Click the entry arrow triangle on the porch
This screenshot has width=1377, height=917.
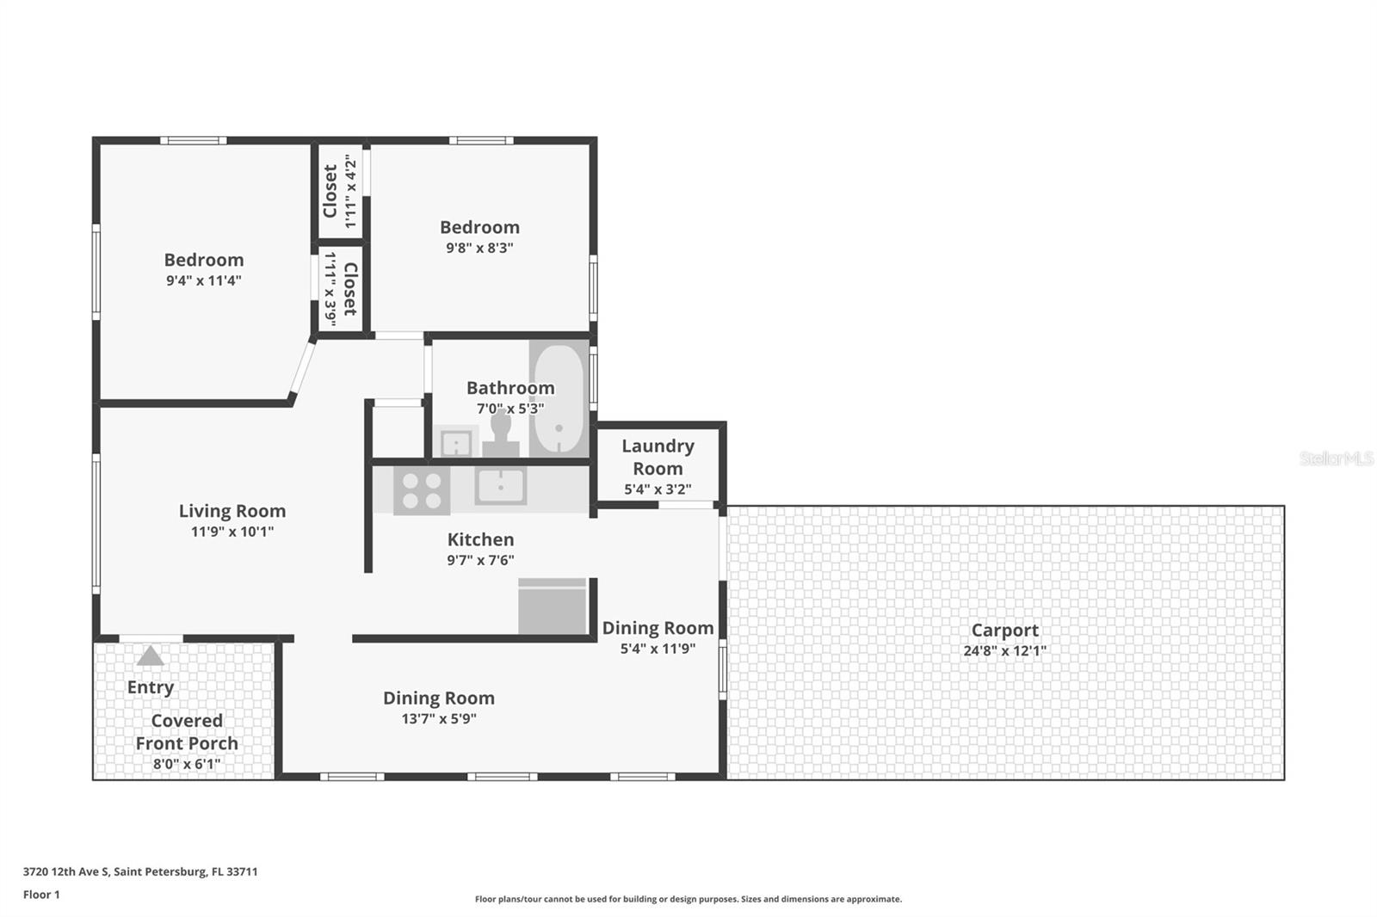click(x=151, y=657)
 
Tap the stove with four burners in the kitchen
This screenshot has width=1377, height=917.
click(x=422, y=490)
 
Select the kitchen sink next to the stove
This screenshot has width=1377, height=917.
click(x=501, y=487)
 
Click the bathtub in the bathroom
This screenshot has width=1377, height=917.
click(x=559, y=398)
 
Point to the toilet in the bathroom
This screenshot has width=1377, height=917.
click(x=501, y=433)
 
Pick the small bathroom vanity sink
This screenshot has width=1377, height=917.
click(x=455, y=443)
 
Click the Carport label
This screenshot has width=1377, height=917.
click(x=1004, y=630)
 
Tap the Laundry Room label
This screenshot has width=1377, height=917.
click(x=658, y=457)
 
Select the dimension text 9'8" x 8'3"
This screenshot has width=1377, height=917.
click(x=479, y=248)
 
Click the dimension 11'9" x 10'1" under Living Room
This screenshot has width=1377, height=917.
click(x=232, y=532)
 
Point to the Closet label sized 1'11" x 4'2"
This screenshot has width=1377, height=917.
click(x=330, y=191)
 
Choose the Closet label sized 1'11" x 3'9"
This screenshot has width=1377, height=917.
click(x=349, y=289)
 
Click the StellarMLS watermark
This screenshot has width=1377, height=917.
click(x=1335, y=459)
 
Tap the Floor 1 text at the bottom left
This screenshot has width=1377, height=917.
click(x=41, y=895)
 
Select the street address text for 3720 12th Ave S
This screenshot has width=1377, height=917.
click(x=140, y=871)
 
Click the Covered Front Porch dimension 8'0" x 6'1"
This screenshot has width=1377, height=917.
click(x=187, y=764)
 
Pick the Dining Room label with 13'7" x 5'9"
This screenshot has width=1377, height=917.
click(x=438, y=699)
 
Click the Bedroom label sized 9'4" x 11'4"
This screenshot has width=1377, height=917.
click(x=204, y=260)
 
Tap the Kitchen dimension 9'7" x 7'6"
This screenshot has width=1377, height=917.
click(x=480, y=560)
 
